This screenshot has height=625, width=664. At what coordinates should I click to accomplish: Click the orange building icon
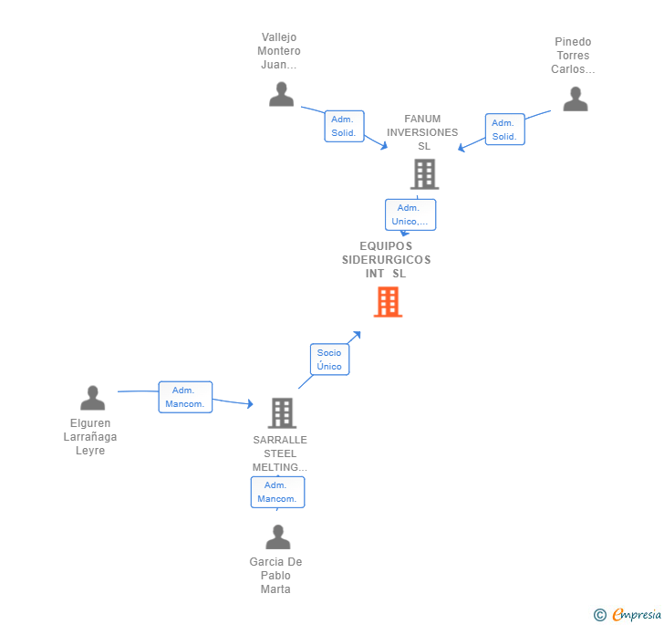coord(388,302)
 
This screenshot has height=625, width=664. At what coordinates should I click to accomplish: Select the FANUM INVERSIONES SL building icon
coord(424,174)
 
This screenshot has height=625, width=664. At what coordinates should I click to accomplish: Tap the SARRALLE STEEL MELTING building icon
coord(282,413)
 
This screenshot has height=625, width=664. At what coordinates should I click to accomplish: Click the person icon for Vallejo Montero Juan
coord(281,94)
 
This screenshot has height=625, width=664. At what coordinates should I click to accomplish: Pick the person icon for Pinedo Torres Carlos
coord(576,99)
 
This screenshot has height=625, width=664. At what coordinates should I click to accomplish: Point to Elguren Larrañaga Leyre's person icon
coord(93,398)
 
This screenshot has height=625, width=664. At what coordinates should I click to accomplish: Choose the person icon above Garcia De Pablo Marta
coord(278,536)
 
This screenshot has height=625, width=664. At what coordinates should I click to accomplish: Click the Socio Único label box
coord(329,359)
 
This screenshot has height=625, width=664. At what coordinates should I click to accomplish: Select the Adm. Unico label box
coord(410,214)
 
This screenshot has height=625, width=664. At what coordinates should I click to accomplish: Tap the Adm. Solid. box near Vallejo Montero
coord(344,126)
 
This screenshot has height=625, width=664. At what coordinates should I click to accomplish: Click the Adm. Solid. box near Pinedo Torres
coord(504,130)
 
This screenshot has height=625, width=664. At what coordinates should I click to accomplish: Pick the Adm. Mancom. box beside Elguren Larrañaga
coord(185,397)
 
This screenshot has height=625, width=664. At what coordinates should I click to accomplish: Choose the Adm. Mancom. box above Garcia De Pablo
coord(277,492)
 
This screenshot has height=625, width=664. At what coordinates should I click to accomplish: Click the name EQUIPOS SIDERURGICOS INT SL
coord(386,260)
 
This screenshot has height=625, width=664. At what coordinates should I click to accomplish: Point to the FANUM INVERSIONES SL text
coord(422,132)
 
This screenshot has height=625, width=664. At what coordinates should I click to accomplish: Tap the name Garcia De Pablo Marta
coord(275,576)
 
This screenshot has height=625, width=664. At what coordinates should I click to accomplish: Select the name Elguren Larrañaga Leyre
coord(90,436)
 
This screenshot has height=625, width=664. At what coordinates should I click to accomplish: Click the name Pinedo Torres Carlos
coord(573,56)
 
